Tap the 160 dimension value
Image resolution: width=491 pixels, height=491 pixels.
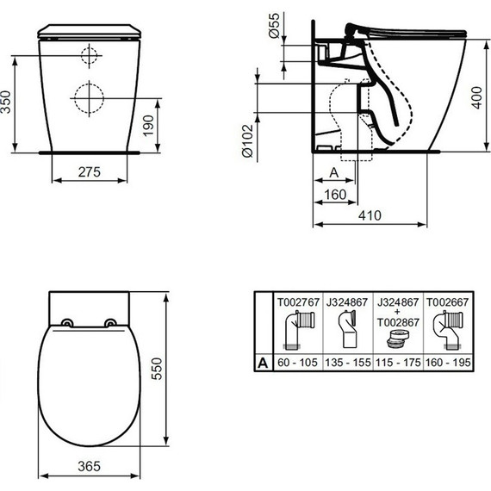[334, 195]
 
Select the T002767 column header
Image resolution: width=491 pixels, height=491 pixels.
[296, 301]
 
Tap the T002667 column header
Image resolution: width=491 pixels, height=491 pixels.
[445, 301]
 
